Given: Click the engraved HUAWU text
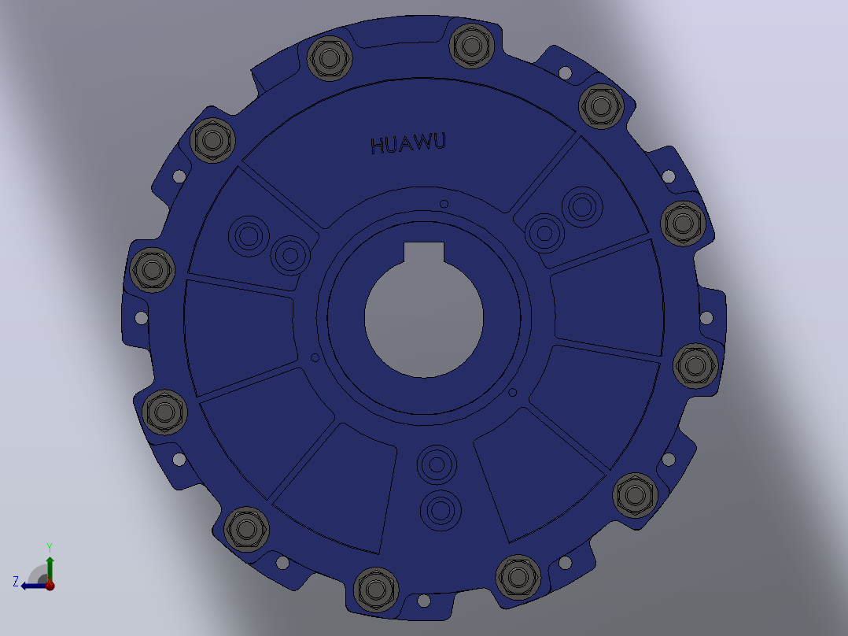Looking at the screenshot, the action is point(408,144).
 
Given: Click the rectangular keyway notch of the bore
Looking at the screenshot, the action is point(424,253).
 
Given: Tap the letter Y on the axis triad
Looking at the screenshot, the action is point(50,547).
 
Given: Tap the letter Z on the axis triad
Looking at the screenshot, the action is point(16,582).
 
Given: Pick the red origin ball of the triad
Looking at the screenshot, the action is point(50,585).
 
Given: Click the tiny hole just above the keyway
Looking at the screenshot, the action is point(444,204).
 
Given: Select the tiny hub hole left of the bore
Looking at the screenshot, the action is point(315,358).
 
